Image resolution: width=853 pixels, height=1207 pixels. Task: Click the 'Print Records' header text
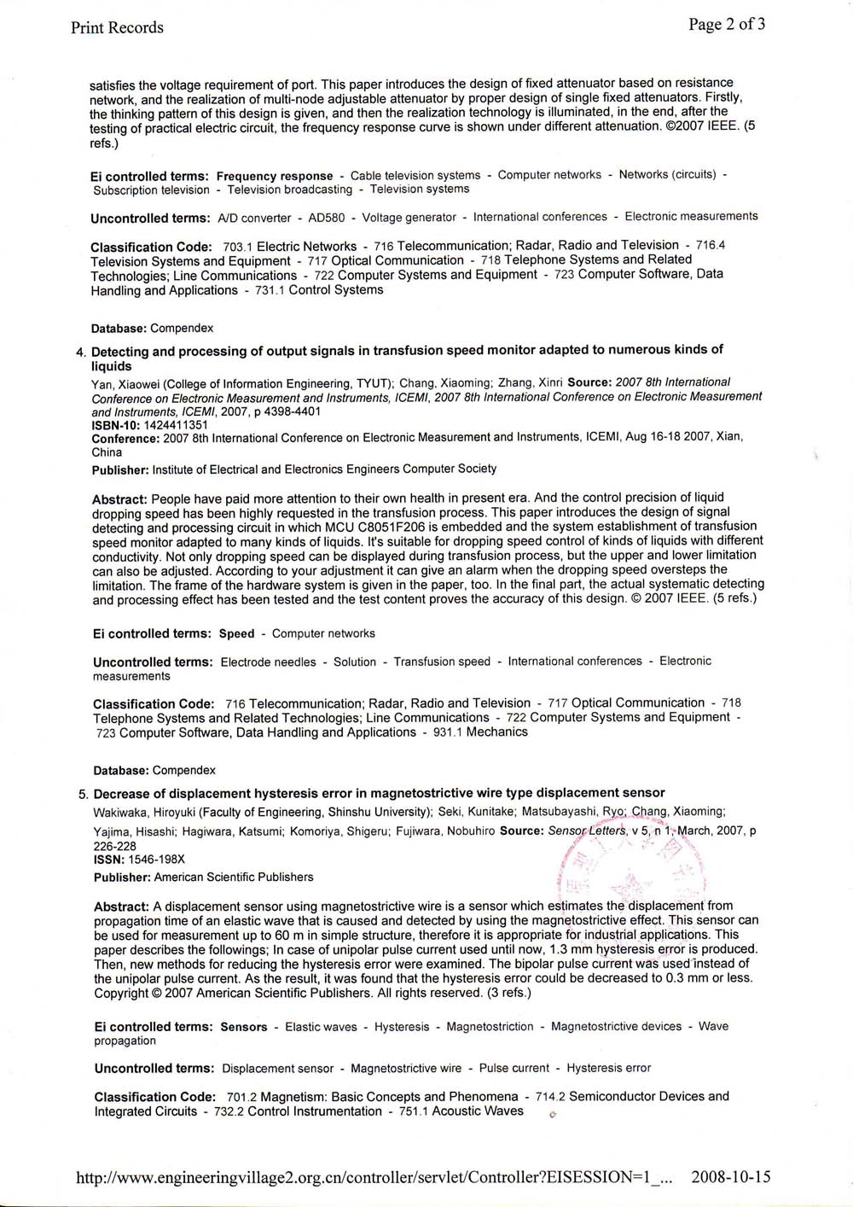(117, 27)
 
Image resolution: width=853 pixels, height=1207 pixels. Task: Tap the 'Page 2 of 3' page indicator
(727, 24)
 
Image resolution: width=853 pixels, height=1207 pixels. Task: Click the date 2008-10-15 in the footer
(730, 1177)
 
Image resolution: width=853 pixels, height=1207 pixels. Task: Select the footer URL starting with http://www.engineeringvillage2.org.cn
(375, 1178)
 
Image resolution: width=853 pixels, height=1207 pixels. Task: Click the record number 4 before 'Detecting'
(81, 352)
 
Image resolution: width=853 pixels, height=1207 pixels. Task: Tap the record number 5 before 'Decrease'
(83, 794)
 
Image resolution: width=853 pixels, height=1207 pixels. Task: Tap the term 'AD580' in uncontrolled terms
(326, 218)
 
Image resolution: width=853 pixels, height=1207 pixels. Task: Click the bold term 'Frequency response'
(275, 176)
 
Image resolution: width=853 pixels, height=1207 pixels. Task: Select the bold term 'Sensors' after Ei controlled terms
(243, 1027)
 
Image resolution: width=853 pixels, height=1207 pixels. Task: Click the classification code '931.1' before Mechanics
(447, 732)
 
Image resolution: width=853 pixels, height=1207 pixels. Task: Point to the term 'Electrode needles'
(268, 662)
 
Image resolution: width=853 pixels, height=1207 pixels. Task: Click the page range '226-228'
(115, 847)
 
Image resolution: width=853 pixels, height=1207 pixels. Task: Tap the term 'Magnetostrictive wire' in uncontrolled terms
(406, 1068)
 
